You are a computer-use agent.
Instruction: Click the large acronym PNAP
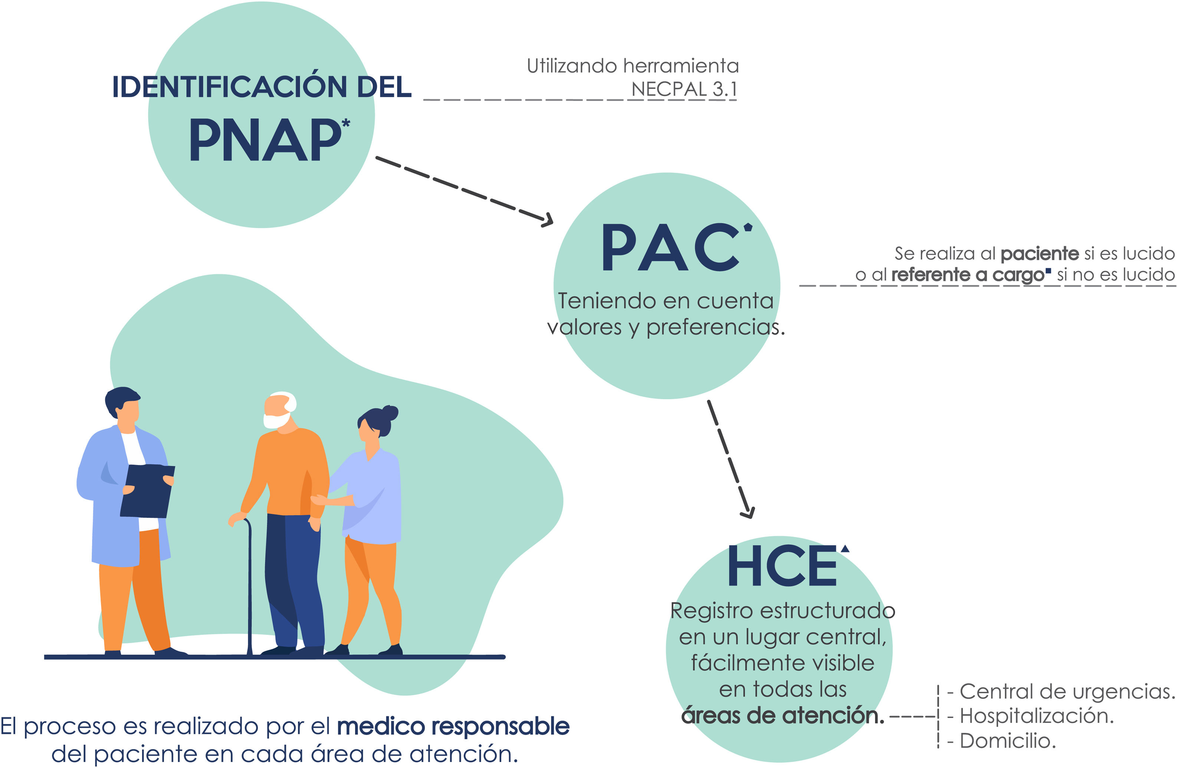click(x=265, y=141)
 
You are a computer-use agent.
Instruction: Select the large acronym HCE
click(x=782, y=566)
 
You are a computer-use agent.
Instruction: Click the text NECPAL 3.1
click(x=684, y=89)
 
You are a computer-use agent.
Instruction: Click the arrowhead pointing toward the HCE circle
click(x=748, y=512)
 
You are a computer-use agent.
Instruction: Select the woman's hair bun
click(x=390, y=412)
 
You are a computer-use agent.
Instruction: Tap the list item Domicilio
click(x=1008, y=741)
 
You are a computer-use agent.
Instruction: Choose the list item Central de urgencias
click(x=1067, y=691)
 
